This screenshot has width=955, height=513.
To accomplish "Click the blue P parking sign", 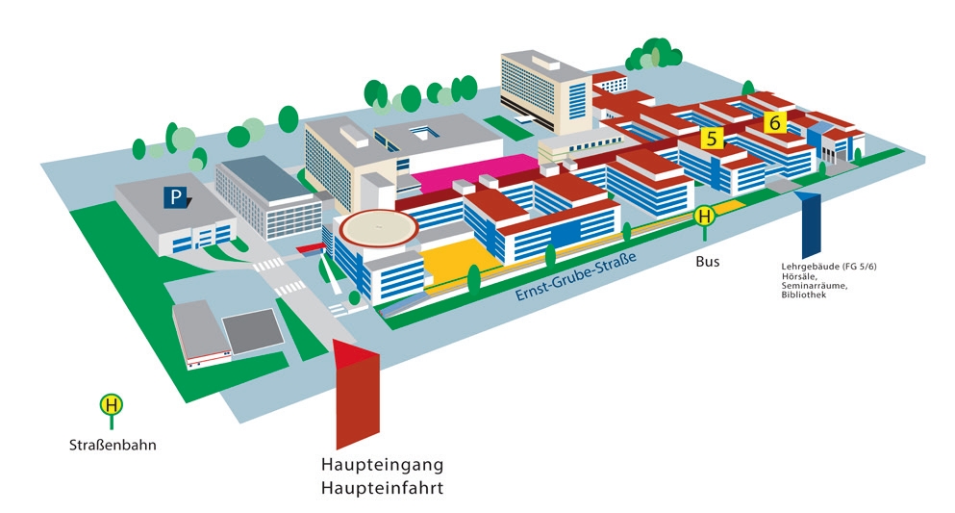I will pos(175,197).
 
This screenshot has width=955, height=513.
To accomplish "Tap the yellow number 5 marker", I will pos(711,138).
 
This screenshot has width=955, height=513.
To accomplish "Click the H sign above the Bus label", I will pos(706,218).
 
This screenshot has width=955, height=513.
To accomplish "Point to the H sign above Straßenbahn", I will pos(113,405).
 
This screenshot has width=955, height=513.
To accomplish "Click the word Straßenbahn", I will pos(113,446).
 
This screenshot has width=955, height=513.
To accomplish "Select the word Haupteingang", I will pos(382,466).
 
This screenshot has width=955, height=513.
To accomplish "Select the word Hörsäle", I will pos(799,276).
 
